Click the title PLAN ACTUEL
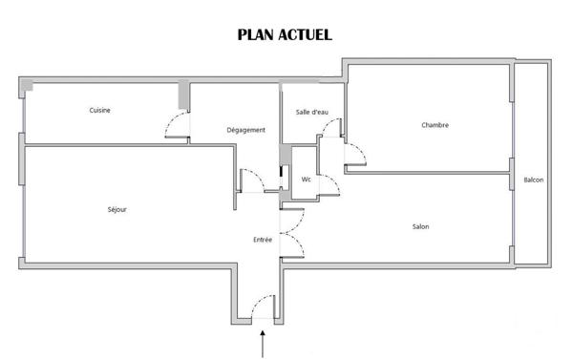pos(285,35)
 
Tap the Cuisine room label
pos(100,110)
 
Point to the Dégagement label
pos(245,130)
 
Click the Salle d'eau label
pos(312,113)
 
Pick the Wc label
pos(307,179)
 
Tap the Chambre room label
pos(435,125)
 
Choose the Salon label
pos(420,226)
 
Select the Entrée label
pos(263,240)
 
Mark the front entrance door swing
pos(261,307)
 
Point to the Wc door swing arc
pos(329,186)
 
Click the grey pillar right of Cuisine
pos(183,95)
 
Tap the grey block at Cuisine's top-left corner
pos(27,86)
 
